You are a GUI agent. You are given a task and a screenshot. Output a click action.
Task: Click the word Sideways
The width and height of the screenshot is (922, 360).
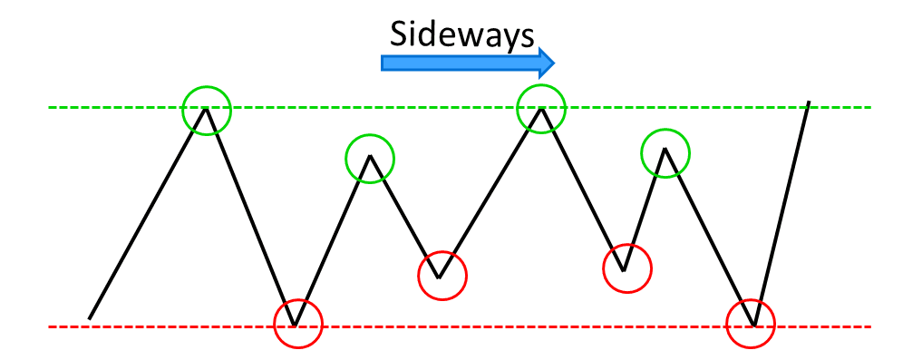point(460,34)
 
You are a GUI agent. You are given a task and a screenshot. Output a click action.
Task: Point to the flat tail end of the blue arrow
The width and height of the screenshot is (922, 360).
point(384,62)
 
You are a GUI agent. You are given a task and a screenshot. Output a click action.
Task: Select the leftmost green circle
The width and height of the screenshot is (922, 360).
point(207,109)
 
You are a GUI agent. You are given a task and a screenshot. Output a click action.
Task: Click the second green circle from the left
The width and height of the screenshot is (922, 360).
point(370,158)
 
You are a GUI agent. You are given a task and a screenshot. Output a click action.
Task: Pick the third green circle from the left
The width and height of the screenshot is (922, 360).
point(541,108)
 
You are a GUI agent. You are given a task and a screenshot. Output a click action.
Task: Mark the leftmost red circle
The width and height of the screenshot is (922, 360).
point(297,324)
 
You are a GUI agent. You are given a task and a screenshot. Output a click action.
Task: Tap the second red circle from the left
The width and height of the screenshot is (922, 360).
point(442,273)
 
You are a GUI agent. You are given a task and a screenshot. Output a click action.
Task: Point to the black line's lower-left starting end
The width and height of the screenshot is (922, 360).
point(90,317)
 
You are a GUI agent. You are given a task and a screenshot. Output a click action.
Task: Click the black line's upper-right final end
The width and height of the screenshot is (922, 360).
point(807,103)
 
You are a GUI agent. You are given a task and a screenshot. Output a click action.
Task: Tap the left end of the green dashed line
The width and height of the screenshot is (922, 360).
point(51,108)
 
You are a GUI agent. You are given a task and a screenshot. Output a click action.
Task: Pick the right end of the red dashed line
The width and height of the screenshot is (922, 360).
point(869,326)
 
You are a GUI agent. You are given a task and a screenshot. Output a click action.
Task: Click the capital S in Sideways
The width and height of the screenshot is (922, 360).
point(400,34)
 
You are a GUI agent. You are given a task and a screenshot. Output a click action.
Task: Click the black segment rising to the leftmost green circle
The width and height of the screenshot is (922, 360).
point(150,212)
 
